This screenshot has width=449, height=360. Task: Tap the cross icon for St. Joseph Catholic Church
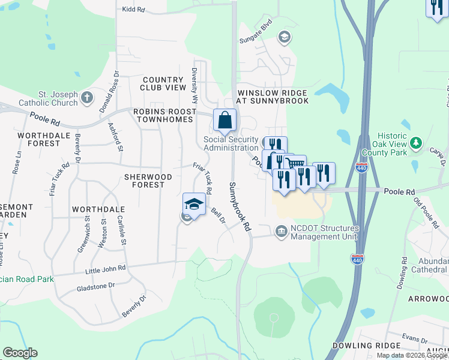88,97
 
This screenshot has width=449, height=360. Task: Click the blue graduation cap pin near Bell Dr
194,204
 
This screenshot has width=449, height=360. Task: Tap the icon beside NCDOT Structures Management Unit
281,231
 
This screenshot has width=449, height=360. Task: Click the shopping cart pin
295,166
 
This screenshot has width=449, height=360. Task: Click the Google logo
20,353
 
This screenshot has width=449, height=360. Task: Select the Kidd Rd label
133,10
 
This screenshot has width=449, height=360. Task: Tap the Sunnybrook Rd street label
238,207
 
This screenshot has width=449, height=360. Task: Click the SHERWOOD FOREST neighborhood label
148,181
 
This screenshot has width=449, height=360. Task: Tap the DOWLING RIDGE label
366,346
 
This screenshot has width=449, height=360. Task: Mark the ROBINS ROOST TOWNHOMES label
164,115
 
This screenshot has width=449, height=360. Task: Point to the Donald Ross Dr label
109,91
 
